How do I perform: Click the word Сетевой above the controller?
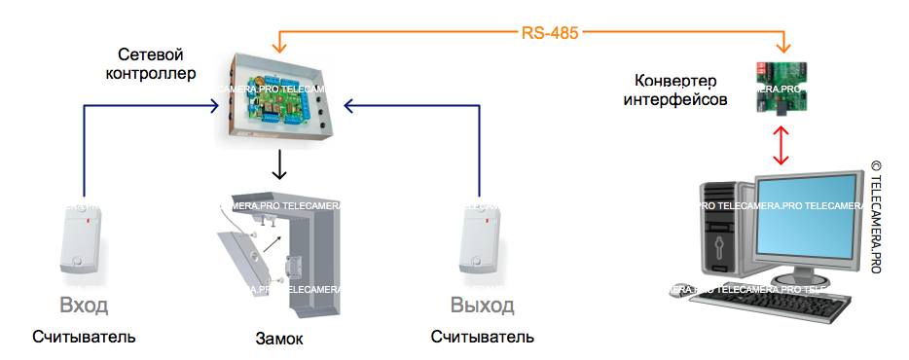pyautogui.click(x=151, y=54)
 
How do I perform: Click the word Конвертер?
pyautogui.click(x=675, y=80)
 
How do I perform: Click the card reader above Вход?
pyautogui.click(x=84, y=239)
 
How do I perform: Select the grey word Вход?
pyautogui.click(x=84, y=306)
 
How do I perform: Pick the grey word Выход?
pyautogui.click(x=483, y=306)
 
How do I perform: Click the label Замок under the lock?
pyautogui.click(x=279, y=340)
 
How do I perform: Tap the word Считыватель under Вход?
pyautogui.click(x=84, y=338)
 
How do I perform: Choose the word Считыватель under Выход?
pyautogui.click(x=483, y=338)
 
